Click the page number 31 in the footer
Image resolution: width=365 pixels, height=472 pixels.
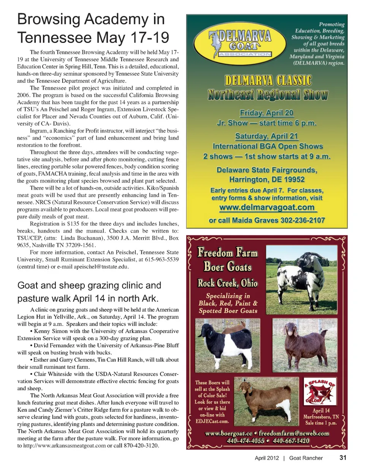343,458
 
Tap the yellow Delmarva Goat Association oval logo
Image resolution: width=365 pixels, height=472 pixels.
240,44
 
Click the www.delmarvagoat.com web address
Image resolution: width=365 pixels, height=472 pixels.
267,207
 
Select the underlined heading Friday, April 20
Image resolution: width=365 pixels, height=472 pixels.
267,113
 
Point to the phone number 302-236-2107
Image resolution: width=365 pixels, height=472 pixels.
303,220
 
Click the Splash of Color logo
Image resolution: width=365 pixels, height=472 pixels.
320,391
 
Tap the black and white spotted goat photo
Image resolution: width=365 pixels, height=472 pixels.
302,279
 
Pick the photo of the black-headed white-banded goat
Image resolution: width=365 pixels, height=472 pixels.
227,345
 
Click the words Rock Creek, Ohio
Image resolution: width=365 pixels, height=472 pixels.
227,283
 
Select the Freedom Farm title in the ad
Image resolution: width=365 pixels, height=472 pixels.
227,253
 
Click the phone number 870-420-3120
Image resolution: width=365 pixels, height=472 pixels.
141,445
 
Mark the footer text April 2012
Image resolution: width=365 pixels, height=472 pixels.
267,458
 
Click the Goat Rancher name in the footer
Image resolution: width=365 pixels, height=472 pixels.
306,458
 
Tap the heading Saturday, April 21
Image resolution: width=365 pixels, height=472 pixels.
267,136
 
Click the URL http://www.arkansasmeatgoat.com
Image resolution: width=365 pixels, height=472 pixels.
64,445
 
